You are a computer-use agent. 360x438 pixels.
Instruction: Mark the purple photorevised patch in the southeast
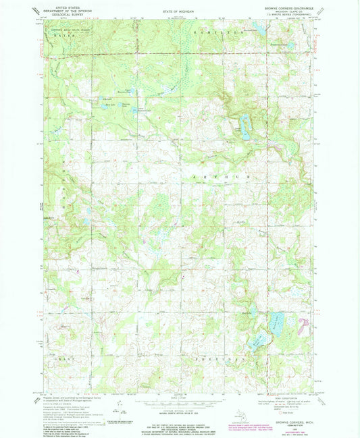tap(306, 326)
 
